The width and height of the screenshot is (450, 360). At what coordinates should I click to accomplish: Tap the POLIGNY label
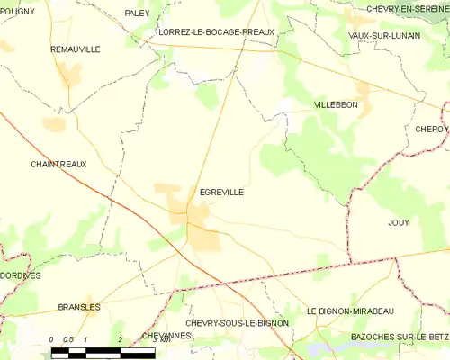coord(17,10)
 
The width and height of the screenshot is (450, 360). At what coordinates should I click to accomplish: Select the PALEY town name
coord(137,13)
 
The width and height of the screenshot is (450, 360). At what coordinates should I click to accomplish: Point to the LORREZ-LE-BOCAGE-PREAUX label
coord(215,31)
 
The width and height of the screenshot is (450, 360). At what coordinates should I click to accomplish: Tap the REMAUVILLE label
coord(76,49)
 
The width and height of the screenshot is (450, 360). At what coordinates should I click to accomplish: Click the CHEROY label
coord(431,130)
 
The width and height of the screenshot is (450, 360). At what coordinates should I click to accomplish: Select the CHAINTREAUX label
coord(58,165)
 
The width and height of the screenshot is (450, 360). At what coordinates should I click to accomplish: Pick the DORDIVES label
coord(20,275)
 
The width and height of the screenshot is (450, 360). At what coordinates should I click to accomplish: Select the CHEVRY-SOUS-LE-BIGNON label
coord(237,322)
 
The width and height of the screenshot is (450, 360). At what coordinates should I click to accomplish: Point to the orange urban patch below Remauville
coord(69,76)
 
